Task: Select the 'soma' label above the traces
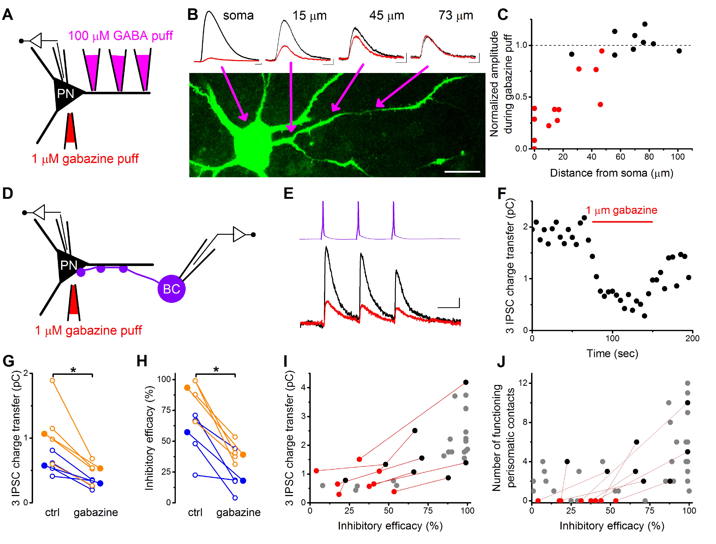point(238,15)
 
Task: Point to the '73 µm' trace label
point(456,15)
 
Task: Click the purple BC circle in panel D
point(171,289)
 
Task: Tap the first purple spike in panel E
point(323,220)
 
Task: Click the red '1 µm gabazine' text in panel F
point(621,210)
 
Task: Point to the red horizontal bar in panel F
point(622,222)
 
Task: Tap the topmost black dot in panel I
point(466,382)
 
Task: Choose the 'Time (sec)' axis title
point(612,354)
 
